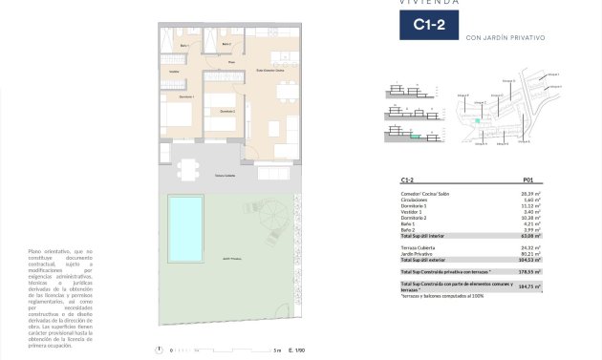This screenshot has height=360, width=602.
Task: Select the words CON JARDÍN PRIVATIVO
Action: coord(505,37)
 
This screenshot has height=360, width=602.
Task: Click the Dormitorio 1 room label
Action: coord(186,97)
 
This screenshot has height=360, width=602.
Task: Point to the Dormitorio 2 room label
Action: coord(226,112)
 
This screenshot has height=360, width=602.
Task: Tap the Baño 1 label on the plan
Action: coord(184,45)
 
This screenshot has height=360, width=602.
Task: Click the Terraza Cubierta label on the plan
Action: coord(225,177)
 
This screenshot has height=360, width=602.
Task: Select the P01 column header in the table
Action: coord(527,179)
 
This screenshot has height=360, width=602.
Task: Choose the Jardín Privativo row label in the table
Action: coord(419,253)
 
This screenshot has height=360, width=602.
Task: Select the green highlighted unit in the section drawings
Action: coord(414,138)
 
